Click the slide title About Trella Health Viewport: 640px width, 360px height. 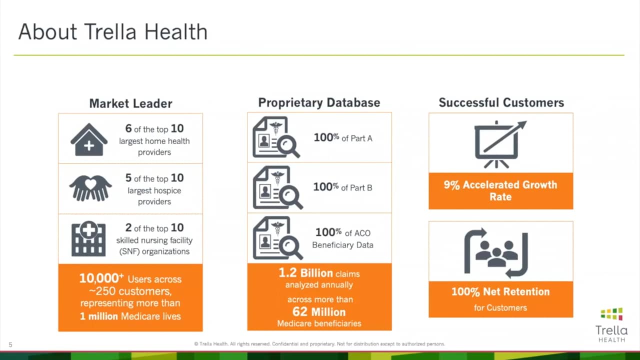[113, 32]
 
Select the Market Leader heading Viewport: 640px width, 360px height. [130, 103]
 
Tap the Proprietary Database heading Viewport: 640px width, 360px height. [319, 102]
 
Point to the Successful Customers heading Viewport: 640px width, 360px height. [501, 102]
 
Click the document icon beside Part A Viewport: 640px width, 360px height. [275, 137]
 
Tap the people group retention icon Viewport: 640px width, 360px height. [495, 252]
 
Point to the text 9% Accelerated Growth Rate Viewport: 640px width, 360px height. [500, 190]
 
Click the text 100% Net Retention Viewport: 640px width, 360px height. [500, 291]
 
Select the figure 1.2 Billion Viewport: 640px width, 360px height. [306, 273]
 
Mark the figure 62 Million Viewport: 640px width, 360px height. [319, 312]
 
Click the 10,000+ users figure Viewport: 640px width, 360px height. [101, 278]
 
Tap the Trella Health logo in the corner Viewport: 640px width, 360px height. [611, 324]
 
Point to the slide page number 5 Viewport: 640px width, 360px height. [10, 344]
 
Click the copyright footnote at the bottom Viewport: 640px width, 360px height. [319, 344]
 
